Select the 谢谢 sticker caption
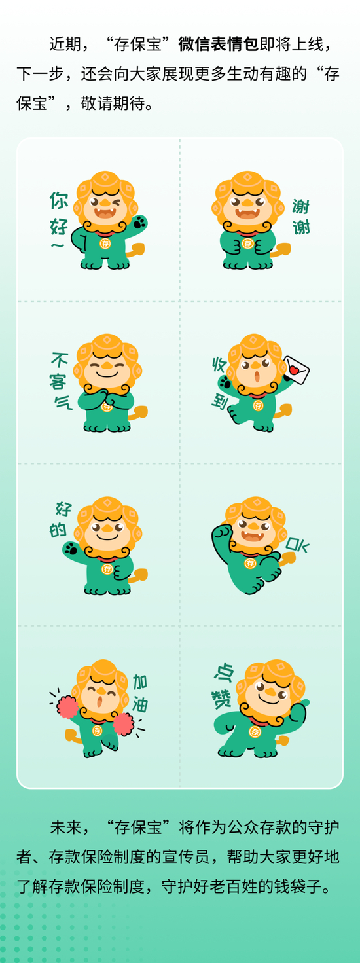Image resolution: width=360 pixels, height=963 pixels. [301, 217]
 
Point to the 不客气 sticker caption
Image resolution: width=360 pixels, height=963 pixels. [60, 381]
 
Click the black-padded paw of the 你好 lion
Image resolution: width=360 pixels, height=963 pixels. [139, 223]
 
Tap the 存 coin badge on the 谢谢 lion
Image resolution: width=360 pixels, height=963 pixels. [247, 244]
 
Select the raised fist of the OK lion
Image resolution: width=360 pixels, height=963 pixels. [222, 532]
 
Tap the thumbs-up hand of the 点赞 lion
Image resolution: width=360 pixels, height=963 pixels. [298, 711]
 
